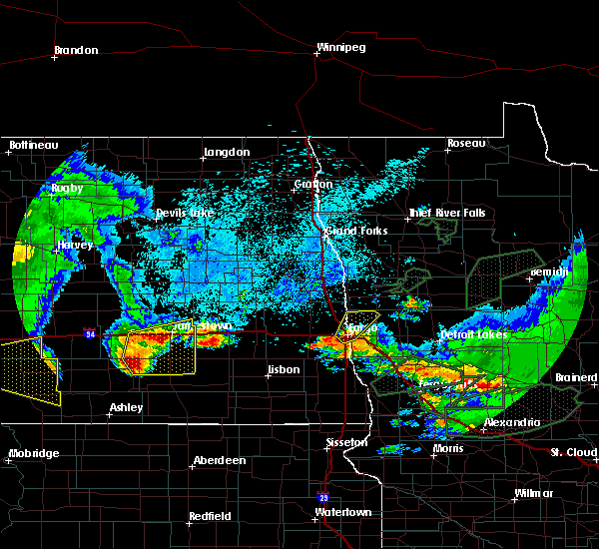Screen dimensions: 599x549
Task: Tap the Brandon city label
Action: coord(76,50)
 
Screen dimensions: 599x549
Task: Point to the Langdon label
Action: coord(226,153)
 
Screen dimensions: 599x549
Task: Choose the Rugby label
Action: coord(68,188)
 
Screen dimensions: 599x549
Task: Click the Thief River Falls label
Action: coord(446,213)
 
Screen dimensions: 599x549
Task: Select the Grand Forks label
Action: coord(355,231)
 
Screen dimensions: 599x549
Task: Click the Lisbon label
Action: coord(284,371)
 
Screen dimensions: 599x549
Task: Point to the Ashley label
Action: coord(126,407)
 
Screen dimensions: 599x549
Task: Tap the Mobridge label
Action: coord(33,454)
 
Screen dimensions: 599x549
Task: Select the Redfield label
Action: coord(211,516)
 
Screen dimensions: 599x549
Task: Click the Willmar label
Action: coord(533,494)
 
